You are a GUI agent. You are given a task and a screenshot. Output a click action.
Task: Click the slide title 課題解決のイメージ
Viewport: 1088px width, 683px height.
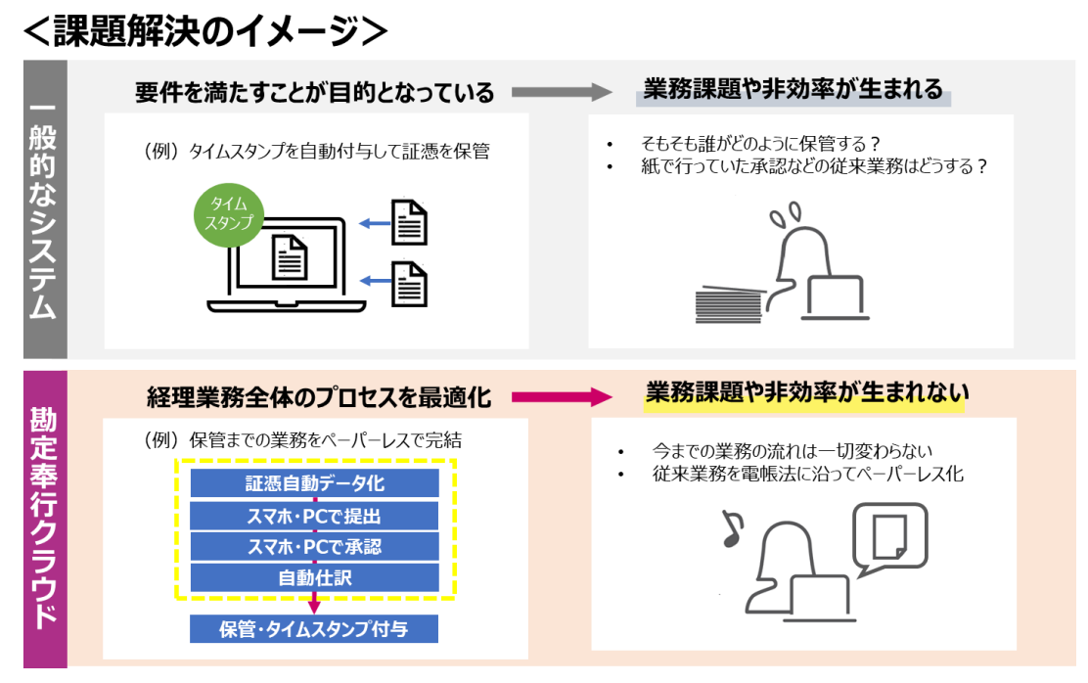coord(205,31)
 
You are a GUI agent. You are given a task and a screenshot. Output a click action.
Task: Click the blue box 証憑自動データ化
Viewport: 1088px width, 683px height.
coord(314,483)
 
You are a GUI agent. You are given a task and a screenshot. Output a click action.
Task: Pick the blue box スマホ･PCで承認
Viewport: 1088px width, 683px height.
coord(314,546)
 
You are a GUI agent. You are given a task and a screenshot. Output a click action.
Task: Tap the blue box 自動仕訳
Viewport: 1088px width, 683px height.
coord(314,577)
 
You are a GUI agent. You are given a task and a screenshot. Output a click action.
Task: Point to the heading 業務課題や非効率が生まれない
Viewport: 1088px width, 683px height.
coord(806,393)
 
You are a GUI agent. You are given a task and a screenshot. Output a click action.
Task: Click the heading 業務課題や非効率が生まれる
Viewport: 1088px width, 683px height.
coord(793,90)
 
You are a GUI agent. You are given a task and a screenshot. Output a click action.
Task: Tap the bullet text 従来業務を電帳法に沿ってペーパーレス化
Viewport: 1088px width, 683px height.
coord(807,475)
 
